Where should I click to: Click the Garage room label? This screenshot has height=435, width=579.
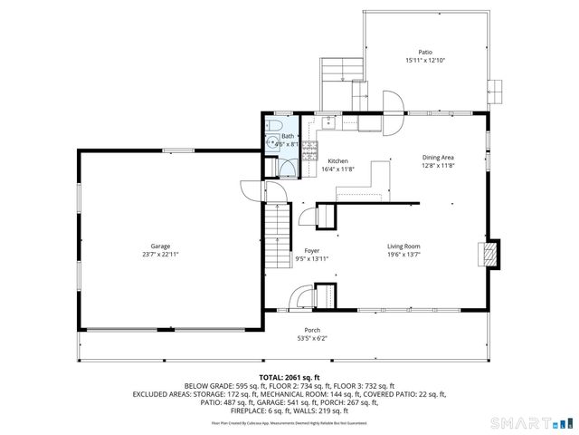(x=160, y=246)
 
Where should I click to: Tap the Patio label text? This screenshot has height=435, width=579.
(x=424, y=53)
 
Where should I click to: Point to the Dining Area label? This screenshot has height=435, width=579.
(x=437, y=158)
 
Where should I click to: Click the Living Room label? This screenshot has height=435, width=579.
(x=403, y=246)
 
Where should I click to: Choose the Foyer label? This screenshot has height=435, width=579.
(x=312, y=250)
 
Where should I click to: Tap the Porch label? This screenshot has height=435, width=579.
(x=312, y=330)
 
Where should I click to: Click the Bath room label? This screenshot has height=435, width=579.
(x=287, y=135)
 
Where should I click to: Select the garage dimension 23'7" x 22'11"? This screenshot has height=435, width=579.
(x=160, y=255)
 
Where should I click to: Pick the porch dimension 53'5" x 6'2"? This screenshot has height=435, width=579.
(x=312, y=338)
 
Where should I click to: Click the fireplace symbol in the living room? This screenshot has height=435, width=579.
(x=489, y=254)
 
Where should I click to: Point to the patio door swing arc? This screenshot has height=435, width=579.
(x=393, y=101)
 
